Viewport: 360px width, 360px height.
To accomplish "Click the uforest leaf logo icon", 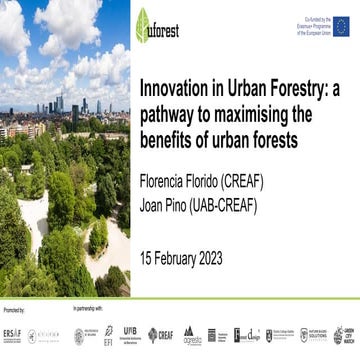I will [x=142, y=25].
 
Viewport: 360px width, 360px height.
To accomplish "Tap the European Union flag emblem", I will [x=341, y=24].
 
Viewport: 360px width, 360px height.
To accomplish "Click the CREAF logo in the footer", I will [x=160, y=335].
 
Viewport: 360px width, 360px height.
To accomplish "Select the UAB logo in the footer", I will [x=131, y=334].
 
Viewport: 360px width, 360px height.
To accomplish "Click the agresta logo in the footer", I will [x=190, y=336].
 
